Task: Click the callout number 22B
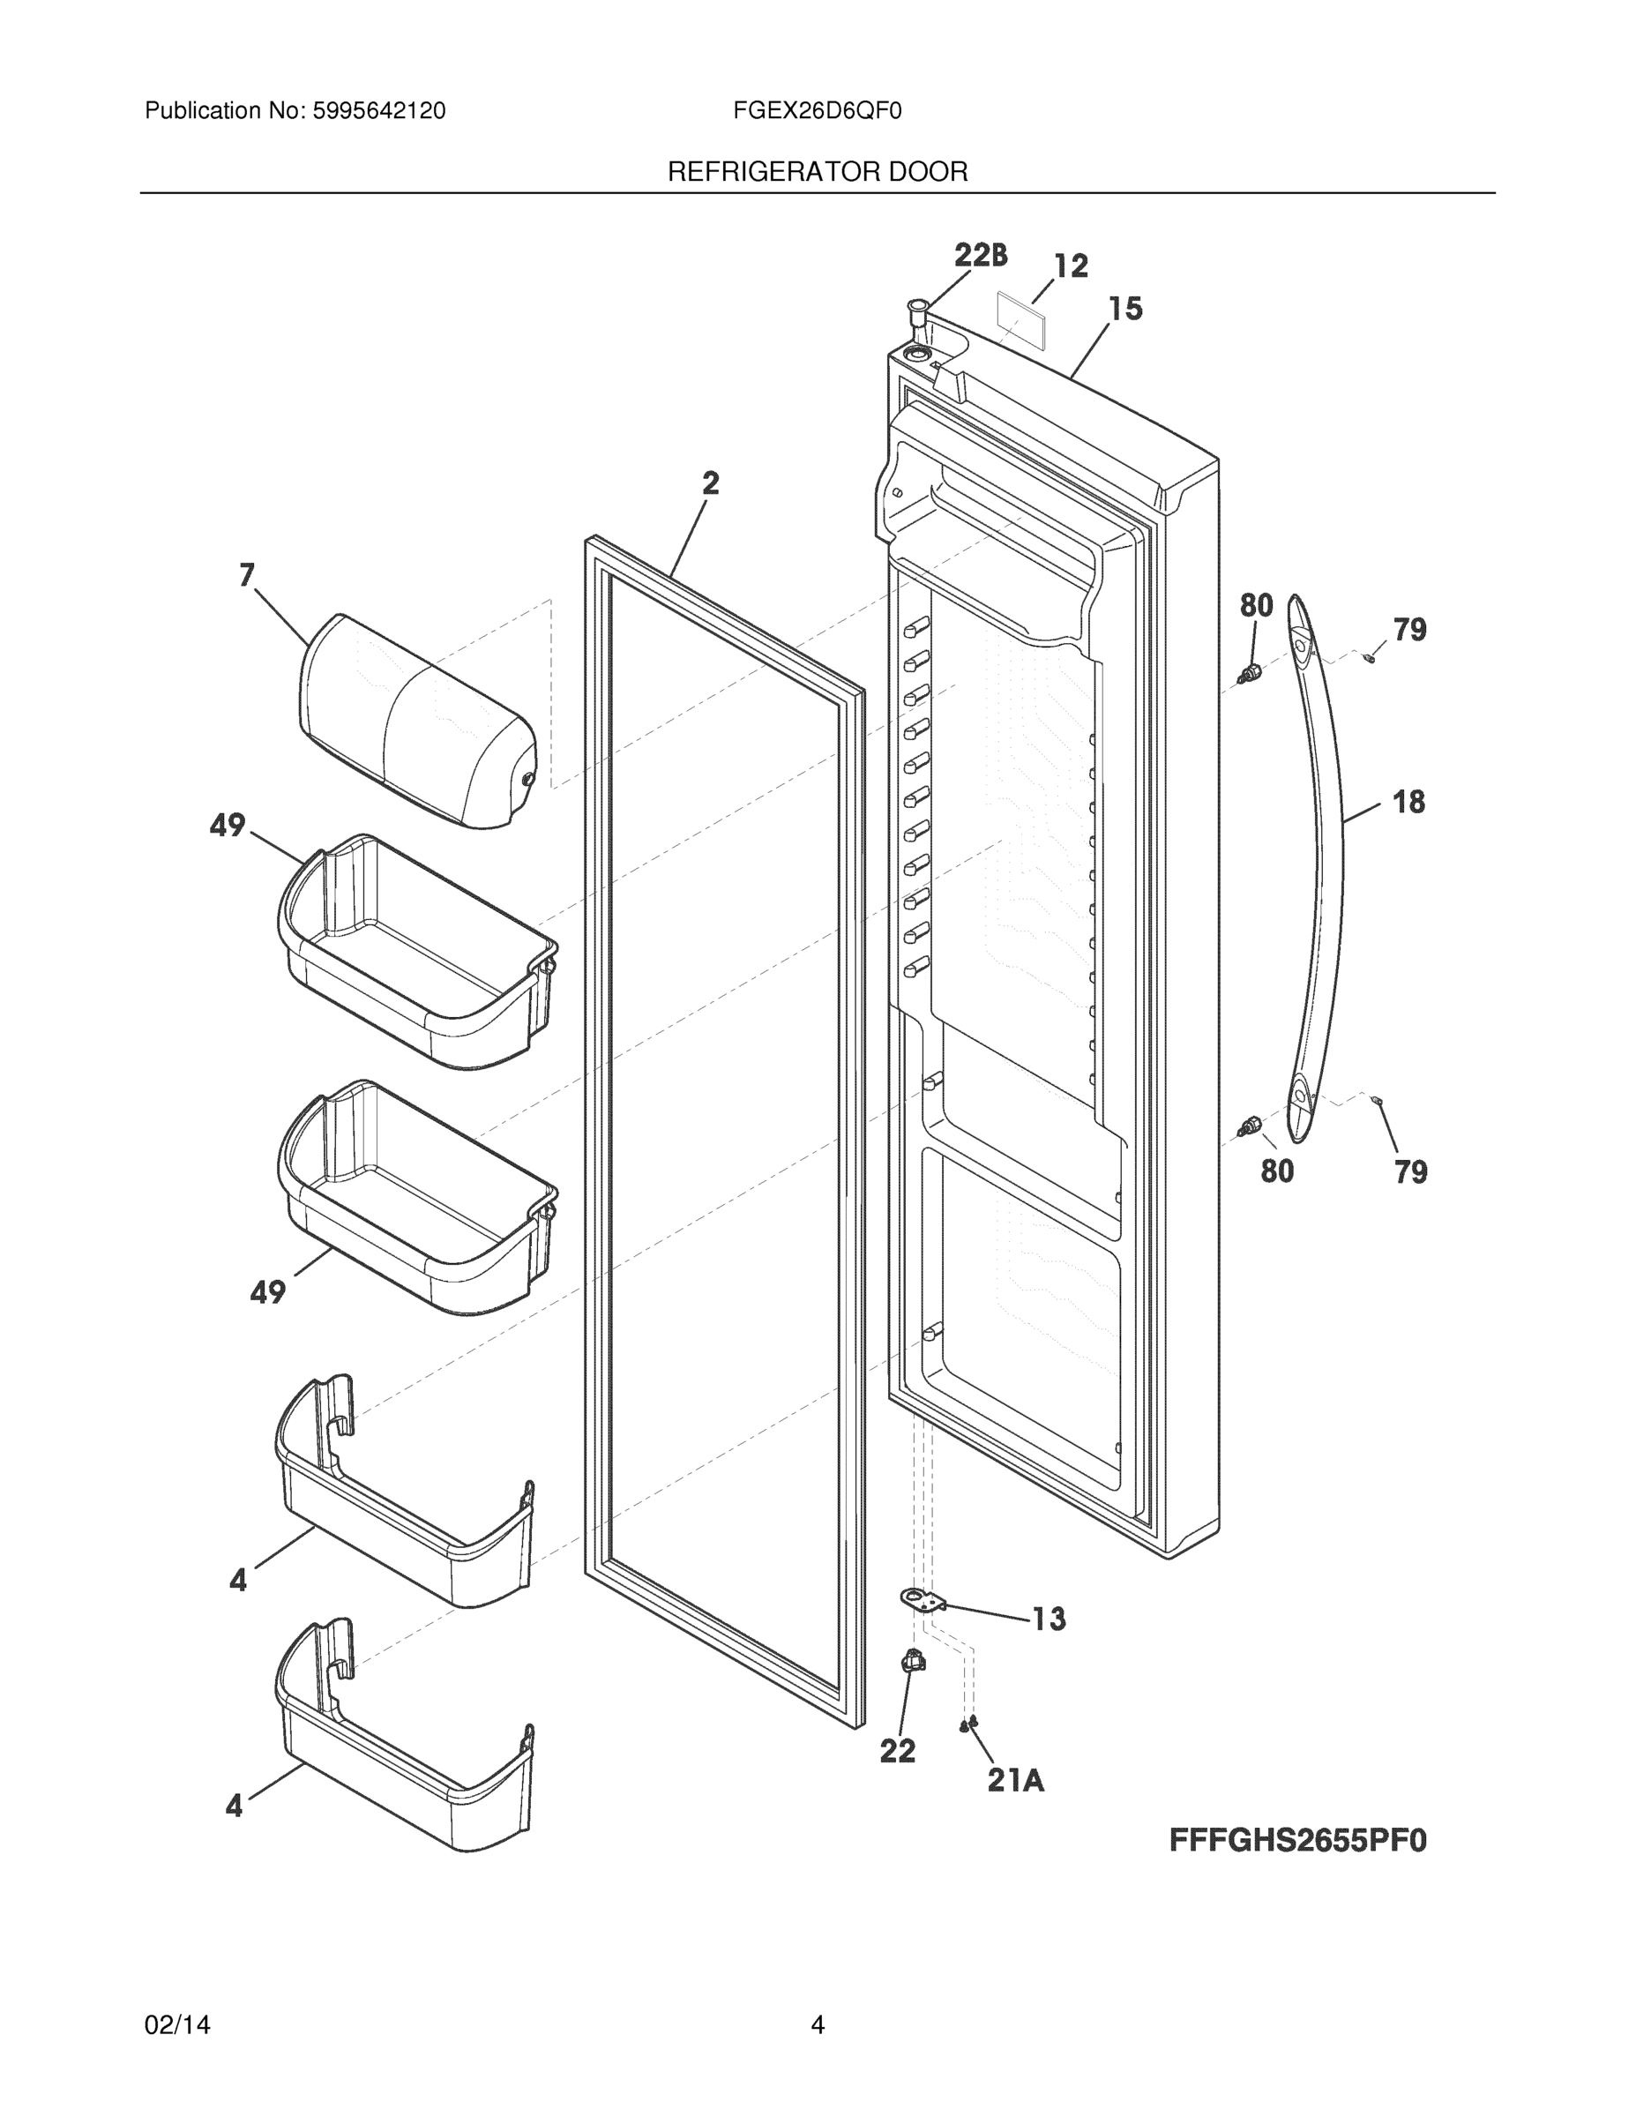point(980,255)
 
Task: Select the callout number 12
point(1071,266)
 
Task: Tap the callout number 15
point(1125,310)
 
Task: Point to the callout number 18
point(1408,802)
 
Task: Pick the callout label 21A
point(1015,1780)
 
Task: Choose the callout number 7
point(247,576)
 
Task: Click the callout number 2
point(711,482)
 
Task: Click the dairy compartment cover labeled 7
point(417,722)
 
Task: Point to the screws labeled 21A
point(968,1724)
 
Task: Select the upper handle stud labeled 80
point(1251,670)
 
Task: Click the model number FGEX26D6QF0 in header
point(817,111)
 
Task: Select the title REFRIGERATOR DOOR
point(817,173)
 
